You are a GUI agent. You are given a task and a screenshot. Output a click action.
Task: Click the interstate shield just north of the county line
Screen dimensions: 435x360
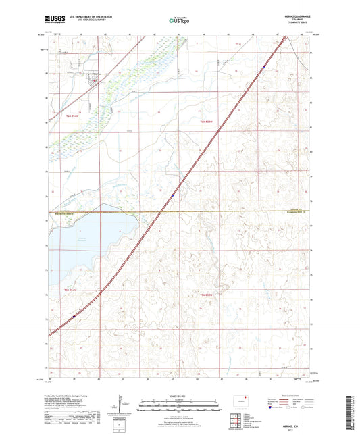tap(173, 196)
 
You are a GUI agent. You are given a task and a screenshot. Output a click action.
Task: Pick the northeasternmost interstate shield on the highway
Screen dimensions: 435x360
tap(263, 66)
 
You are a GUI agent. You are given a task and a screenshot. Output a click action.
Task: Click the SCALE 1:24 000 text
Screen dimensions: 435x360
tap(179, 396)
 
